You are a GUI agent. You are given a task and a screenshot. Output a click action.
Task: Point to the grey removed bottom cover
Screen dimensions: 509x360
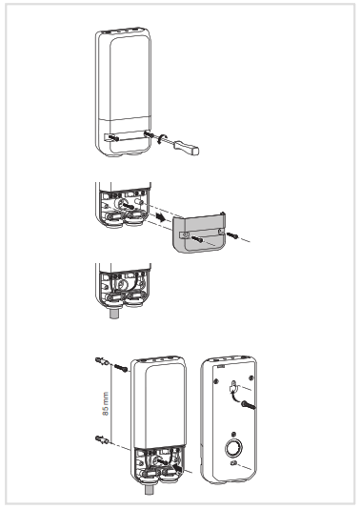click(x=202, y=234)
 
